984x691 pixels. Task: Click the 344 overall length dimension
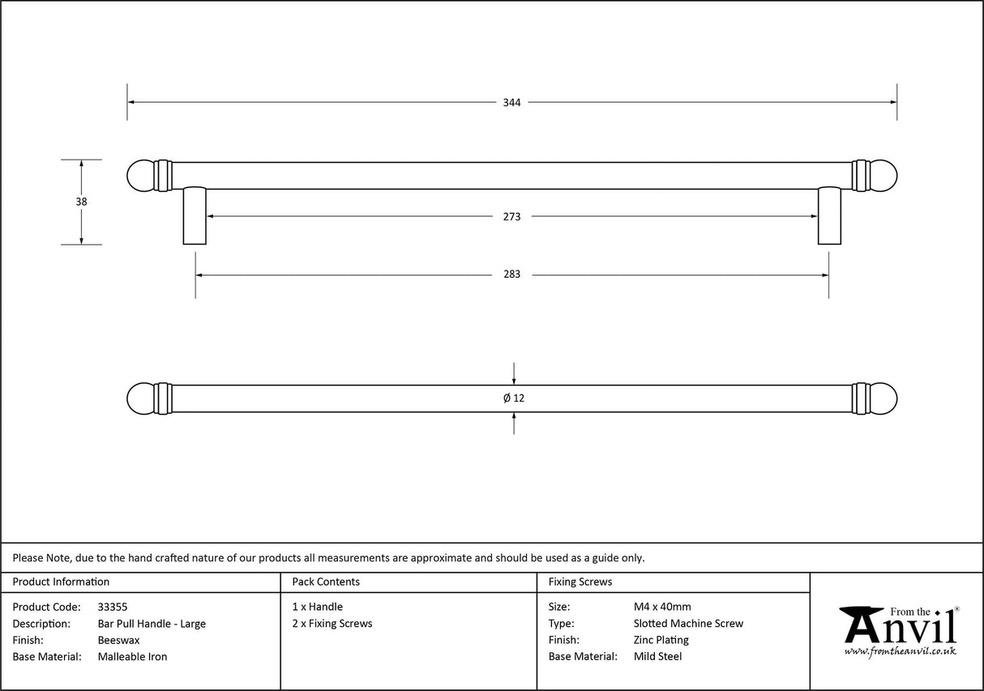click(511, 103)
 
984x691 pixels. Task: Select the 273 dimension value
click(511, 217)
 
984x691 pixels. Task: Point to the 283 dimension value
click(511, 275)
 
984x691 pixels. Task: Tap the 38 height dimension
click(81, 202)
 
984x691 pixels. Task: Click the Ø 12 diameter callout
click(514, 399)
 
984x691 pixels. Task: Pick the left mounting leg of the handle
click(195, 215)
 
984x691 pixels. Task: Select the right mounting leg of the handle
click(829, 215)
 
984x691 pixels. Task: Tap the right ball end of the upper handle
click(883, 176)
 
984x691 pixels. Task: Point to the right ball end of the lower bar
click(883, 399)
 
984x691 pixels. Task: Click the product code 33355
click(113, 607)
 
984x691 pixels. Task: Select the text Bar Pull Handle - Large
click(152, 624)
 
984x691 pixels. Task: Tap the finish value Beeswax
click(118, 640)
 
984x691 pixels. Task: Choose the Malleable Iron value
click(132, 657)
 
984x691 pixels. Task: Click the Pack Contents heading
click(326, 582)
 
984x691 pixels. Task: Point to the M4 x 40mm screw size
click(662, 607)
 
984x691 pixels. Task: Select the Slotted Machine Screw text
click(688, 624)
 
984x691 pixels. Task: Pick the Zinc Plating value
click(661, 640)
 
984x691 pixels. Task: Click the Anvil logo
click(899, 629)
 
